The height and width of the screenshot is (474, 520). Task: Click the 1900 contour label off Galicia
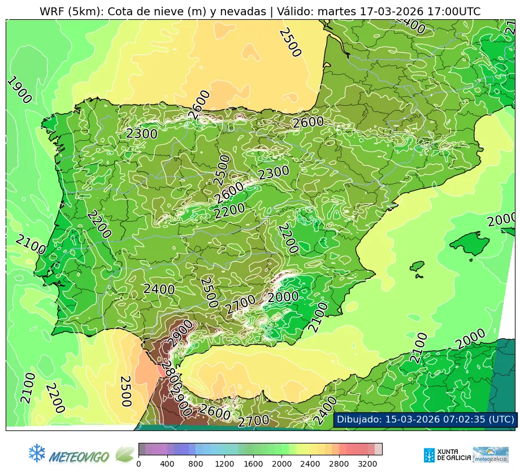19,91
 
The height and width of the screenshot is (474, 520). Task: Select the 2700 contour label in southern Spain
241,305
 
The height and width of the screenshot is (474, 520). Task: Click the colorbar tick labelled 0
139,464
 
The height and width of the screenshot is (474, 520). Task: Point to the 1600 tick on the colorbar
253,464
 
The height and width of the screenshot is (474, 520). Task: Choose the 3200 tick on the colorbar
367,464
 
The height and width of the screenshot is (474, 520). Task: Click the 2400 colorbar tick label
310,464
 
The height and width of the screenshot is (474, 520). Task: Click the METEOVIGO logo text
79,456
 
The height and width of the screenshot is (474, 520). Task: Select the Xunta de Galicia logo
447,454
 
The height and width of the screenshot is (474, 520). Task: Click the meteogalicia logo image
491,454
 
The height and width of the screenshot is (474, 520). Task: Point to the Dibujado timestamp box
425,419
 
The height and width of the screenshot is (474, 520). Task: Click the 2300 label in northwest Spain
141,133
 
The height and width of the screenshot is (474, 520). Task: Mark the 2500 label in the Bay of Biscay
289,42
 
